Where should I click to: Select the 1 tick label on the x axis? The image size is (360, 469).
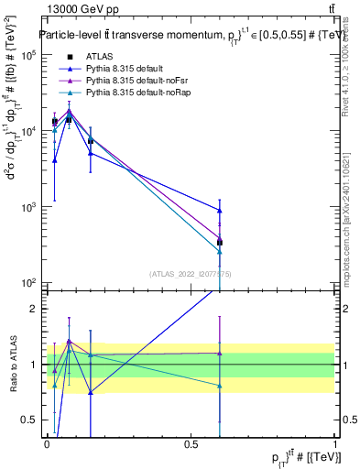[x=335, y=443]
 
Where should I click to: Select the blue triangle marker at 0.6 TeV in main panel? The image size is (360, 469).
[x=220, y=211]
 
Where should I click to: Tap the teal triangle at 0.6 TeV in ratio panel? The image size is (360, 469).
[x=220, y=386]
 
